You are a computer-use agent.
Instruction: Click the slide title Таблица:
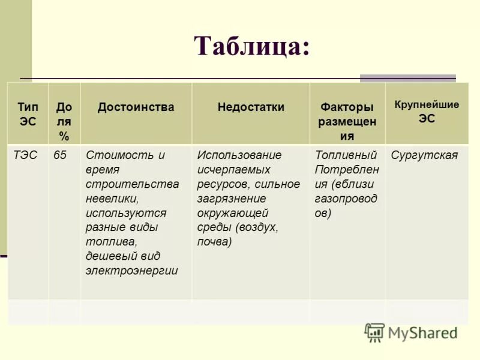pyautogui.click(x=252, y=46)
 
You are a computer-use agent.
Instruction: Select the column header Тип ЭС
pyautogui.click(x=27, y=114)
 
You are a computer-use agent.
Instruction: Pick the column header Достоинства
pyautogui.click(x=136, y=107)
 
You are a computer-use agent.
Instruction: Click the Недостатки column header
pyautogui.click(x=251, y=107)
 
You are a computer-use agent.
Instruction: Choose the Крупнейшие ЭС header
pyautogui.click(x=427, y=112)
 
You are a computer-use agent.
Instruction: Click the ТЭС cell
pyautogui.click(x=25, y=155)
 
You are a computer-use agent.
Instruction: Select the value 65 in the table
pyautogui.click(x=60, y=155)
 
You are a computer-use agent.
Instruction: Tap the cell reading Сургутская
pyautogui.click(x=424, y=155)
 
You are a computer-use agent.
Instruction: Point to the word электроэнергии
pyautogui.click(x=131, y=271)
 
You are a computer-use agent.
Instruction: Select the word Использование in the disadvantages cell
pyautogui.click(x=239, y=155)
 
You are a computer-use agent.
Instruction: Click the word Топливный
pyautogui.click(x=346, y=155)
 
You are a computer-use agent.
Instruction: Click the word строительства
pyautogui.click(x=132, y=184)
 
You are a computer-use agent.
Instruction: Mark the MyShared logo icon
pyautogui.click(x=374, y=332)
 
